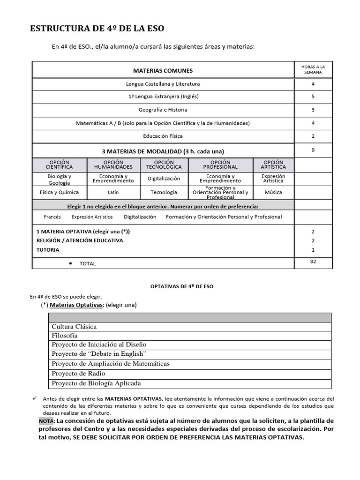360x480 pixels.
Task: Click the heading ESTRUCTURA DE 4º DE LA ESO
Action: click(x=97, y=29)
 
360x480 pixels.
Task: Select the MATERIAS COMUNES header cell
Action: click(x=163, y=71)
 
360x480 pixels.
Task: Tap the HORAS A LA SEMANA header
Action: click(x=313, y=70)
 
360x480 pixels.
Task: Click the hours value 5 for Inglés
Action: click(x=313, y=97)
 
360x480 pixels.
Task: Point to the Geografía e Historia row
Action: click(x=163, y=110)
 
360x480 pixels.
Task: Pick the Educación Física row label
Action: click(x=163, y=136)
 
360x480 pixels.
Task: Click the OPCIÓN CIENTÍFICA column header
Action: click(x=59, y=165)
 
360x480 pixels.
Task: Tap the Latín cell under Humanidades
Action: click(x=113, y=192)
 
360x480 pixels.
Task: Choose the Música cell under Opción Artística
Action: click(x=273, y=192)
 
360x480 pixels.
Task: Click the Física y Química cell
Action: click(x=59, y=192)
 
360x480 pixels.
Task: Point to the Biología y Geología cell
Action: click(x=59, y=180)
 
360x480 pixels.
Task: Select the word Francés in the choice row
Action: click(x=52, y=217)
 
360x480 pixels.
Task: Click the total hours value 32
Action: click(x=313, y=262)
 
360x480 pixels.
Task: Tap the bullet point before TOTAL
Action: click(x=70, y=263)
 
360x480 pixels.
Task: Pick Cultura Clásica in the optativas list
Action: click(x=74, y=327)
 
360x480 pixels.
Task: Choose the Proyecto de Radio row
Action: click(x=78, y=374)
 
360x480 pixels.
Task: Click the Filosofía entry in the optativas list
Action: click(x=65, y=336)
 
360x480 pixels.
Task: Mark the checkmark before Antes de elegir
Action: click(x=34, y=397)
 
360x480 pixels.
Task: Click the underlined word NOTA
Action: click(x=46, y=421)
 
